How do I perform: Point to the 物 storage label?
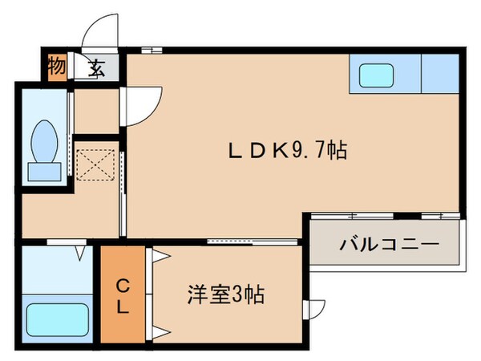(x=56, y=67)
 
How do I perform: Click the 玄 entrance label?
(x=96, y=67)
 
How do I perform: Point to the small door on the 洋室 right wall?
(x=317, y=308)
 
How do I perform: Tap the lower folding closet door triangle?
(x=159, y=331)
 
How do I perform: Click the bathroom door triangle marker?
(x=81, y=254)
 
